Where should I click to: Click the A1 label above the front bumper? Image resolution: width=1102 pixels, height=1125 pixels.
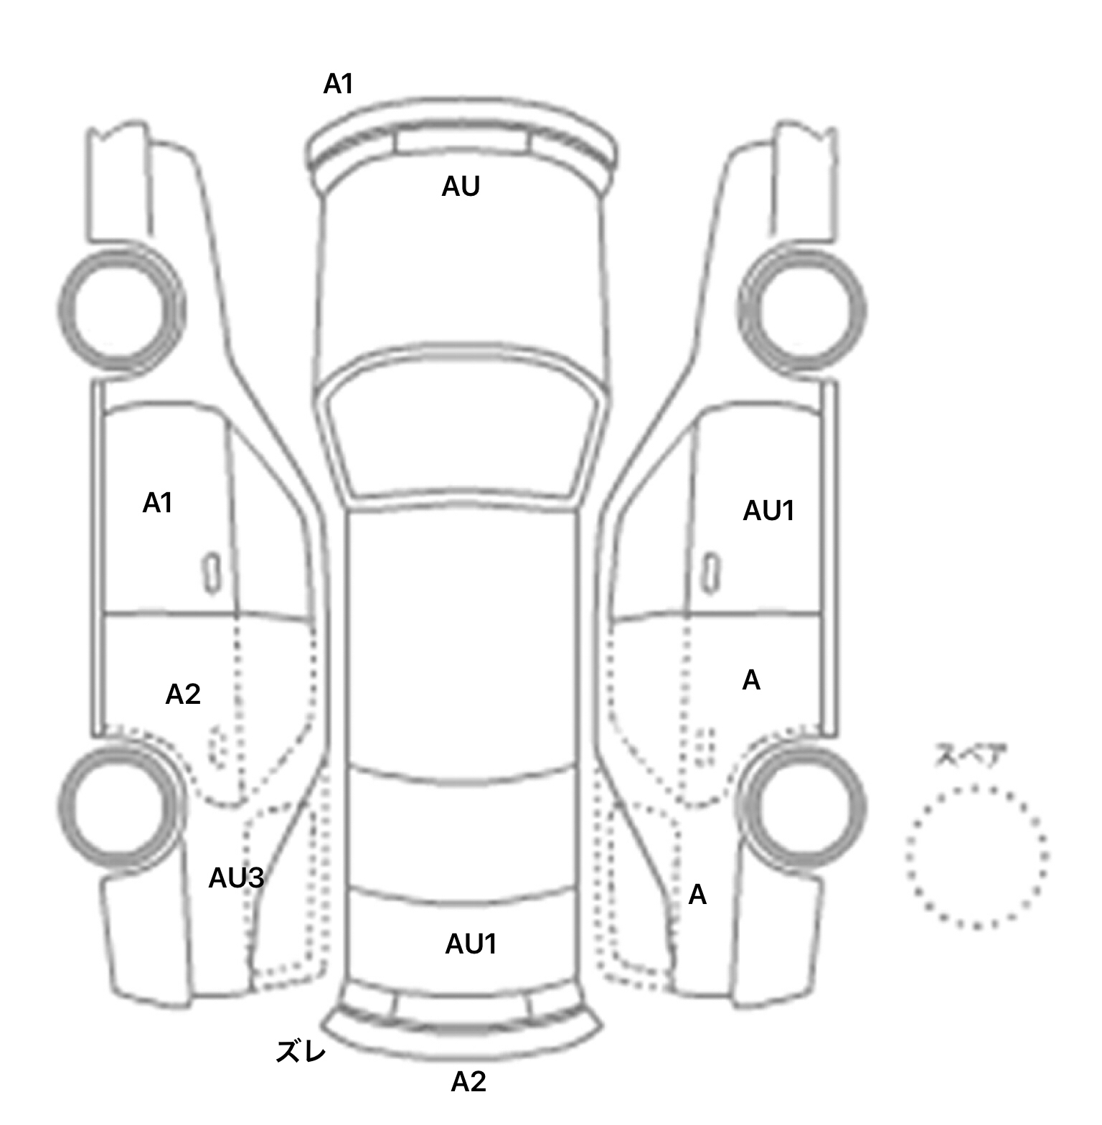pos(339,85)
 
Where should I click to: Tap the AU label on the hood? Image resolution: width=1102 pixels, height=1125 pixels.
pos(461,187)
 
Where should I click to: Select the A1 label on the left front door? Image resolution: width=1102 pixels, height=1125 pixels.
pos(158,504)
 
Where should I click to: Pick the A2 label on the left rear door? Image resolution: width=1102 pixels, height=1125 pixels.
pos(183,695)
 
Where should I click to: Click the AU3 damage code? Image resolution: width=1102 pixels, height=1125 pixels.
pos(237,878)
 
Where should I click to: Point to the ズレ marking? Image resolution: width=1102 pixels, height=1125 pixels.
pos(301,1052)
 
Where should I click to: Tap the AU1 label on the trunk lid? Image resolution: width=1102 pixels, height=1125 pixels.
pos(471,945)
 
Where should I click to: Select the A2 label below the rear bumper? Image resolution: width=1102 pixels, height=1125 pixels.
pos(468,1082)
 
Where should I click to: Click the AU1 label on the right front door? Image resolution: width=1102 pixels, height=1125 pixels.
pos(769,512)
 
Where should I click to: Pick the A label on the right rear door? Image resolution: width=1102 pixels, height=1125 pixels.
pos(751,680)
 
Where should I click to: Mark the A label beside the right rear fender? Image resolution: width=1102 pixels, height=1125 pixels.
pos(697,895)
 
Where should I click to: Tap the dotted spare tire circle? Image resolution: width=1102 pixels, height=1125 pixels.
pos(976,857)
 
